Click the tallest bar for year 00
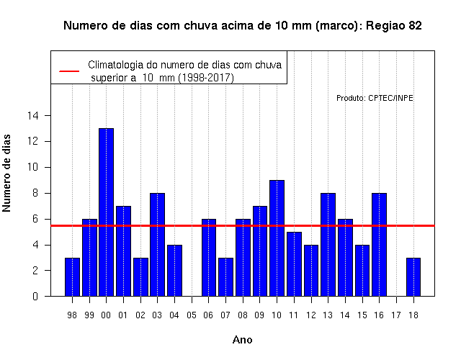(x=106, y=212)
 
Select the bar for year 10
(x=277, y=238)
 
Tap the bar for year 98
(x=72, y=276)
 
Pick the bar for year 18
(x=413, y=276)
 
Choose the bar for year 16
(x=380, y=245)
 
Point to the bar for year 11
(x=294, y=264)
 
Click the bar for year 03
(x=157, y=245)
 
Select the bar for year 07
(x=225, y=276)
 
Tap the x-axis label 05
(x=192, y=315)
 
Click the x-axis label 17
(x=396, y=315)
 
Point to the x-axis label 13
(x=328, y=315)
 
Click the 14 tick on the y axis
(x=33, y=115)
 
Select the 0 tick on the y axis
(x=35, y=296)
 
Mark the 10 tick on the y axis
(x=33, y=167)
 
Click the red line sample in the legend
(x=69, y=71)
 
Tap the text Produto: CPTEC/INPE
(x=375, y=98)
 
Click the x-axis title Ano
(x=242, y=340)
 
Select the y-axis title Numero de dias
(x=6, y=173)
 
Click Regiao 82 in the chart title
(x=394, y=26)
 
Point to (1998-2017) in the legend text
(x=206, y=78)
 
